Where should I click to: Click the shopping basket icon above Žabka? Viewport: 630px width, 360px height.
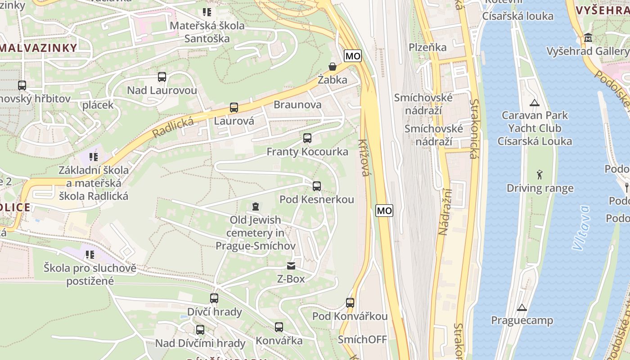pyautogui.click(x=333, y=67)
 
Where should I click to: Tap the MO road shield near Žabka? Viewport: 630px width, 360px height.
pyautogui.click(x=353, y=56)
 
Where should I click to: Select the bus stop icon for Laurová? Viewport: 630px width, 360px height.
pyautogui.click(x=234, y=108)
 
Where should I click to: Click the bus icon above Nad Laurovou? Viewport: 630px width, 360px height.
pyautogui.click(x=162, y=77)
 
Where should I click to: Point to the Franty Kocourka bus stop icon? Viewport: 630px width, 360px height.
pyautogui.click(x=307, y=138)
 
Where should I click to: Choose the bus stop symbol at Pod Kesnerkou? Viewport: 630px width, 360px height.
pyautogui.click(x=317, y=186)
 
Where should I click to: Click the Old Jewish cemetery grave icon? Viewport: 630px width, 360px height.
pyautogui.click(x=256, y=207)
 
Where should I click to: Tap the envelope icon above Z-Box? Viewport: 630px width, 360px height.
pyautogui.click(x=291, y=266)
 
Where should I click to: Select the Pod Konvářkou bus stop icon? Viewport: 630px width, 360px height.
pyautogui.click(x=350, y=303)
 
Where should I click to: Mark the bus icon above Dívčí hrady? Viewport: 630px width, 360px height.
pyautogui.click(x=214, y=298)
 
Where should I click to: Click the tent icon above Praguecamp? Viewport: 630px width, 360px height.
pyautogui.click(x=522, y=307)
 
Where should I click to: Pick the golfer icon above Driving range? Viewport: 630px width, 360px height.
pyautogui.click(x=540, y=175)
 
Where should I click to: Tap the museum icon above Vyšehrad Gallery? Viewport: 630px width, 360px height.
pyautogui.click(x=588, y=38)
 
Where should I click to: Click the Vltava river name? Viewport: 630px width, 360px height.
pyautogui.click(x=580, y=228)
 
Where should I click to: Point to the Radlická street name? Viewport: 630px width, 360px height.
pyautogui.click(x=173, y=127)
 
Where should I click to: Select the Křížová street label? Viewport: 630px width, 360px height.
pyautogui.click(x=364, y=157)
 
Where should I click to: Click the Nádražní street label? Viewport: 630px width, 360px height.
pyautogui.click(x=444, y=211)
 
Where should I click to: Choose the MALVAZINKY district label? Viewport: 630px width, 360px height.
pyautogui.click(x=39, y=48)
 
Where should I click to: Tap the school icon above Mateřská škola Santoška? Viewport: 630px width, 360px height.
pyautogui.click(x=207, y=12)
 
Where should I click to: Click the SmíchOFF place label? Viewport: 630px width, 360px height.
pyautogui.click(x=362, y=339)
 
